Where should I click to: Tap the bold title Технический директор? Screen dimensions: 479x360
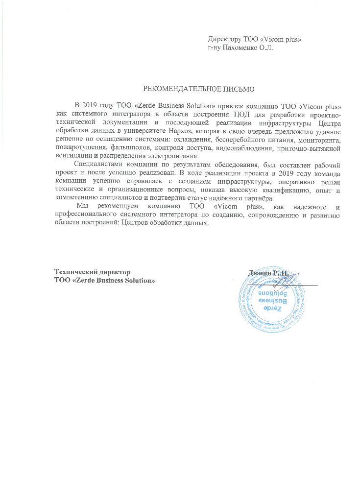click(92, 272)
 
